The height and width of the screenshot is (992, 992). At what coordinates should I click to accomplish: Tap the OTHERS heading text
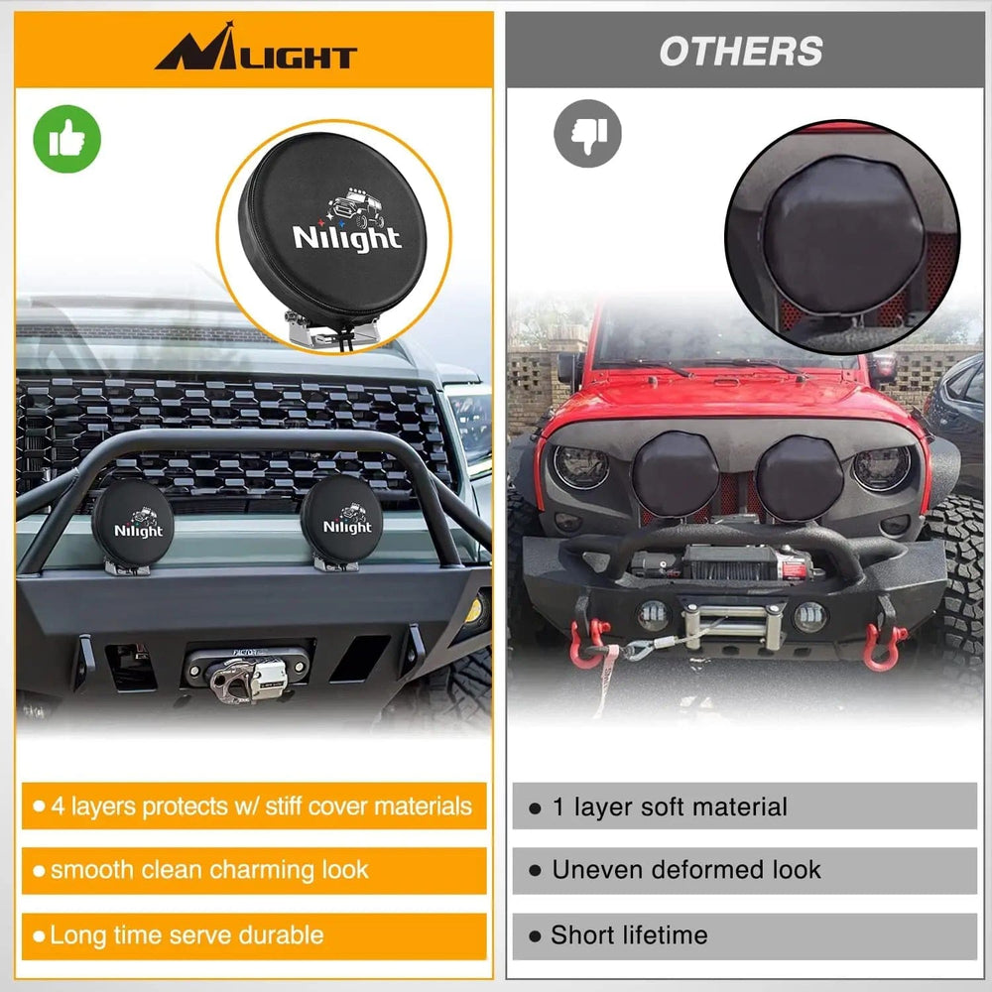[741, 52]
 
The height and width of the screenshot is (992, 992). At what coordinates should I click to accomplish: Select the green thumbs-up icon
[67, 139]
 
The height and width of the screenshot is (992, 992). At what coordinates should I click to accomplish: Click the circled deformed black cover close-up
[841, 237]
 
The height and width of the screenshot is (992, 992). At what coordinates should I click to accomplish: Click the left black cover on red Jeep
[677, 475]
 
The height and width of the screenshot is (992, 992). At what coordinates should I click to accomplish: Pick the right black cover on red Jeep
[800, 475]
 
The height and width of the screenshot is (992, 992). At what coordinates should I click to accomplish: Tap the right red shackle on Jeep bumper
[883, 646]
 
